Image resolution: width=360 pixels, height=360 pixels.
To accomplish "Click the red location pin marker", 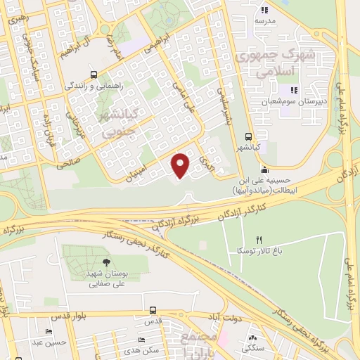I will [x=181, y=165].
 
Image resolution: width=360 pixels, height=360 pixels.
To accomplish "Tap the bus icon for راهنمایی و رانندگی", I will [x=94, y=74].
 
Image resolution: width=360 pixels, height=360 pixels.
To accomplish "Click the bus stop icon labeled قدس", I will [x=153, y=310].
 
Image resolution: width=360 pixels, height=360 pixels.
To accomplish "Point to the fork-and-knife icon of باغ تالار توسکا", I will [x=259, y=240].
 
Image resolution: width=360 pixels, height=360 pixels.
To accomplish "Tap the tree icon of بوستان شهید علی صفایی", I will [x=106, y=263].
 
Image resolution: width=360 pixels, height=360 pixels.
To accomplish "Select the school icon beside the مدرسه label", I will [x=265, y=10].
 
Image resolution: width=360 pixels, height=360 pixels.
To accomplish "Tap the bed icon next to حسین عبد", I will [x=49, y=332].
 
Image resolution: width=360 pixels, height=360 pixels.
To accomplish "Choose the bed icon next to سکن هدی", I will [x=142, y=340].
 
